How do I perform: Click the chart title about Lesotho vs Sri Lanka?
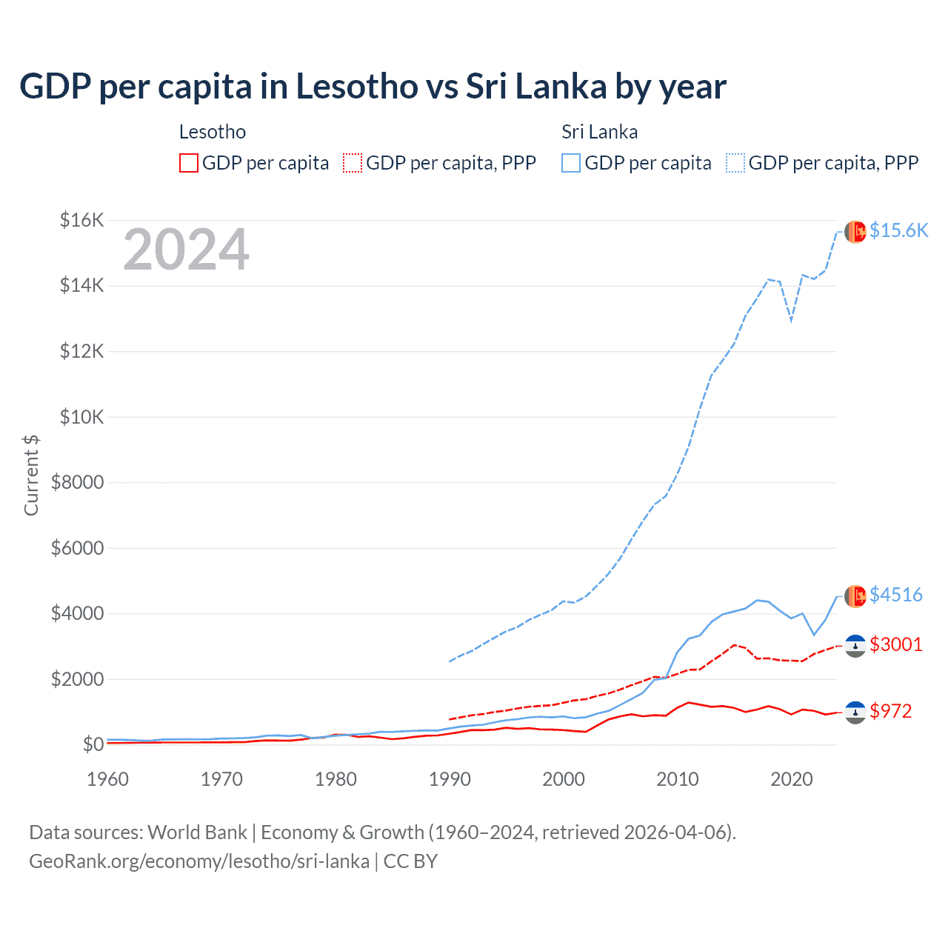(373, 86)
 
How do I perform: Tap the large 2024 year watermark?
(186, 250)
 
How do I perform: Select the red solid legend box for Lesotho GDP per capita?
(189, 163)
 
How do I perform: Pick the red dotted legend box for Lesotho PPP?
(353, 163)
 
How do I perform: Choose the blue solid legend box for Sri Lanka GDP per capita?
(571, 163)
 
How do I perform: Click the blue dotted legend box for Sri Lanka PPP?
(735, 163)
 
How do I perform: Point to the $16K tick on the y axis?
(81, 220)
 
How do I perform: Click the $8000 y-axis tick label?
(77, 483)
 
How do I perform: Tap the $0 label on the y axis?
(93, 744)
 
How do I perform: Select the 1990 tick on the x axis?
(450, 779)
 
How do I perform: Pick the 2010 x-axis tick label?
(678, 779)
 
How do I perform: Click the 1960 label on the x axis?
(108, 779)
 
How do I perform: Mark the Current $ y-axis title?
(31, 475)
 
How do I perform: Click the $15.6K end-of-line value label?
(898, 231)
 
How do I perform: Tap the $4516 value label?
(896, 595)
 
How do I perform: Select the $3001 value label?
(896, 644)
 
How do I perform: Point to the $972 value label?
(891, 711)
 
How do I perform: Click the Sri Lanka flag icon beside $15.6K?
(855, 232)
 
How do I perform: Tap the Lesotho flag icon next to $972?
(855, 712)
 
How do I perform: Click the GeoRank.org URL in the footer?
(199, 861)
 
